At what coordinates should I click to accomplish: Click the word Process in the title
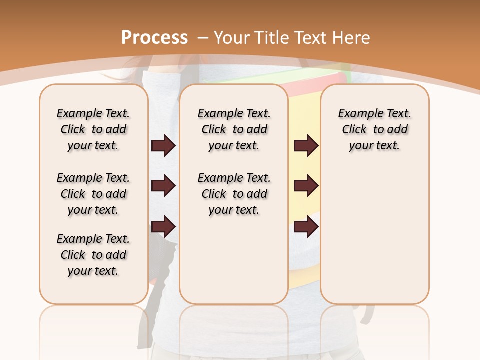coord(154,38)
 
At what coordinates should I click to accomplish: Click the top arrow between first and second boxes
coord(163,146)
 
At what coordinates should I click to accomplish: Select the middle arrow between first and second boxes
coord(163,186)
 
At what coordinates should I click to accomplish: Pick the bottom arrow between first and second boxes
coord(163,227)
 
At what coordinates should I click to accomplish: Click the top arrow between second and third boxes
coord(306,146)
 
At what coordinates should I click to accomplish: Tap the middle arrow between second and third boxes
coord(306,186)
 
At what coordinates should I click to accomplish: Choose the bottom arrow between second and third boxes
coord(306,227)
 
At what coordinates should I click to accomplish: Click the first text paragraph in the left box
coord(93,129)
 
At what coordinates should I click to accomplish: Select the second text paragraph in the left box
coord(93,194)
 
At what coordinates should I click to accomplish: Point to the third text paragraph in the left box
coord(93,255)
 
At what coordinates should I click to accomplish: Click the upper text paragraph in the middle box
coord(234,129)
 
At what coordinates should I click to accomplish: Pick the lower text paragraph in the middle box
coord(234,194)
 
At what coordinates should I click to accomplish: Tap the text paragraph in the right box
coord(374,129)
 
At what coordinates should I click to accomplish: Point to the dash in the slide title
coord(203,38)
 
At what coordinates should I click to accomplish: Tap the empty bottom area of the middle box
coord(234,265)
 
